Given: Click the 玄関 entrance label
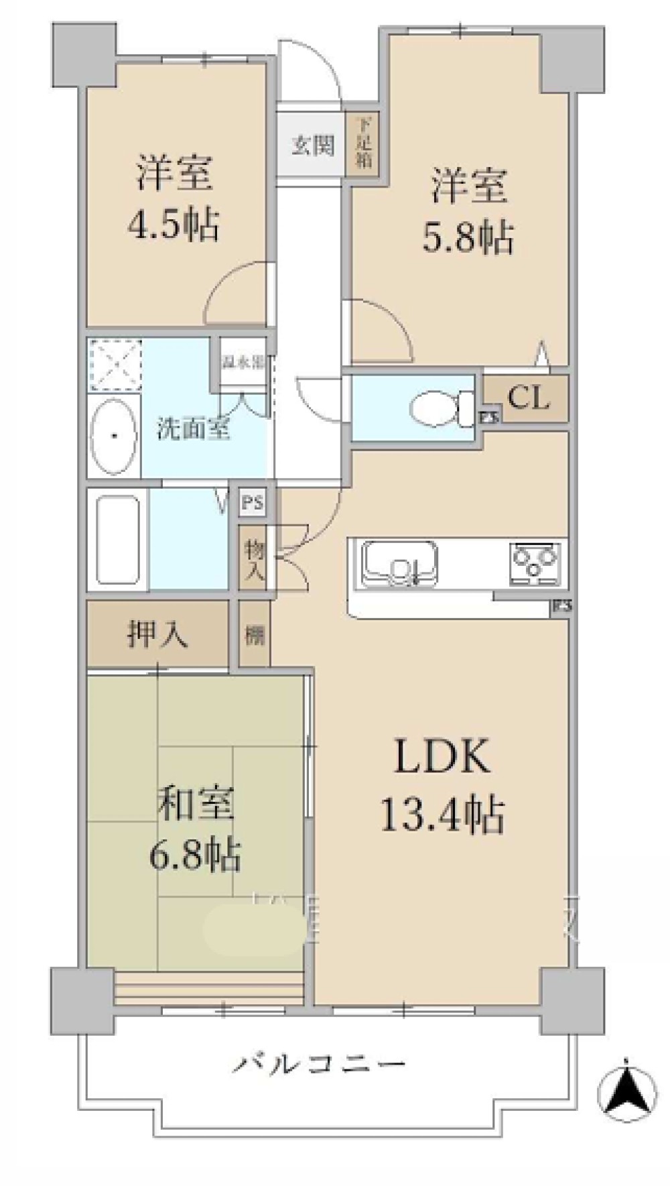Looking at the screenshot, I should point(312,145).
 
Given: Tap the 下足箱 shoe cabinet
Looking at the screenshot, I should point(362,144).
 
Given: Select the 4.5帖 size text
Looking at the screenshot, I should point(173,225).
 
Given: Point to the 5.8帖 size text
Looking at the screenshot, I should point(468,237).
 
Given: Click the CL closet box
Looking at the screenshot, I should point(528,398).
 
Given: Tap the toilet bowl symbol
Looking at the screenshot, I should point(436,408).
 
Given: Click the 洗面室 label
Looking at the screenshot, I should point(194,428).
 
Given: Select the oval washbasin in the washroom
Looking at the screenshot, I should point(114,436).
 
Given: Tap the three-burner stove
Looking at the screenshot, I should point(535,562).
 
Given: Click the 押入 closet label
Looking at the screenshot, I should point(157,634).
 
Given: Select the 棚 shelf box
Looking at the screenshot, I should point(255,634).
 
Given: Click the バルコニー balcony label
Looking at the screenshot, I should point(320,1064).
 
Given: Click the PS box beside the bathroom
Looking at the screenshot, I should point(253,503).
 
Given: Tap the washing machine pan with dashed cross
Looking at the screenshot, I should point(115,365).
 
